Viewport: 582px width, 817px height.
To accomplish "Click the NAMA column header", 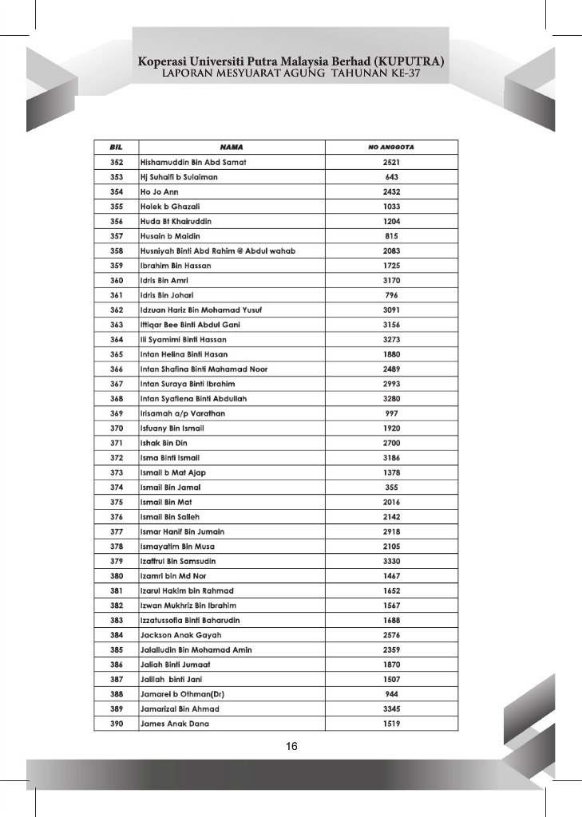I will (x=232, y=148).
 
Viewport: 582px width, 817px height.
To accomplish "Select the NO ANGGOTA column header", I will (x=391, y=148).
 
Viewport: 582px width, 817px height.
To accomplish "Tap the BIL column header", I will (x=116, y=148).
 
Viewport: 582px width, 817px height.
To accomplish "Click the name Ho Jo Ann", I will (x=160, y=192).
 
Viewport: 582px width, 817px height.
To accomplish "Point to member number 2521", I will (x=391, y=163).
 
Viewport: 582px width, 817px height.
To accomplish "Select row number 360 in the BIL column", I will (x=116, y=281).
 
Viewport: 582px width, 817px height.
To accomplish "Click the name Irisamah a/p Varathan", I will (x=183, y=413).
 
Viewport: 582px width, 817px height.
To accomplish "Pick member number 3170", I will (x=391, y=281).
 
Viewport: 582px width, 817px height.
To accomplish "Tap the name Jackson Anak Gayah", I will (x=180, y=635).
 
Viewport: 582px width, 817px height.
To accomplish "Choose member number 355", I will (x=391, y=487).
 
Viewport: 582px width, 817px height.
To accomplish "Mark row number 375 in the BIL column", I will (x=116, y=502).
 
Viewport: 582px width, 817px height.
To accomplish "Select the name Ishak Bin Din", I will (x=164, y=443).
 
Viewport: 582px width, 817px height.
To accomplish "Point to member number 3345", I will (x=391, y=708).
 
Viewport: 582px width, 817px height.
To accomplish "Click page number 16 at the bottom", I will (x=291, y=747).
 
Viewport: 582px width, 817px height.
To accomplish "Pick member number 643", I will (x=391, y=177).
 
